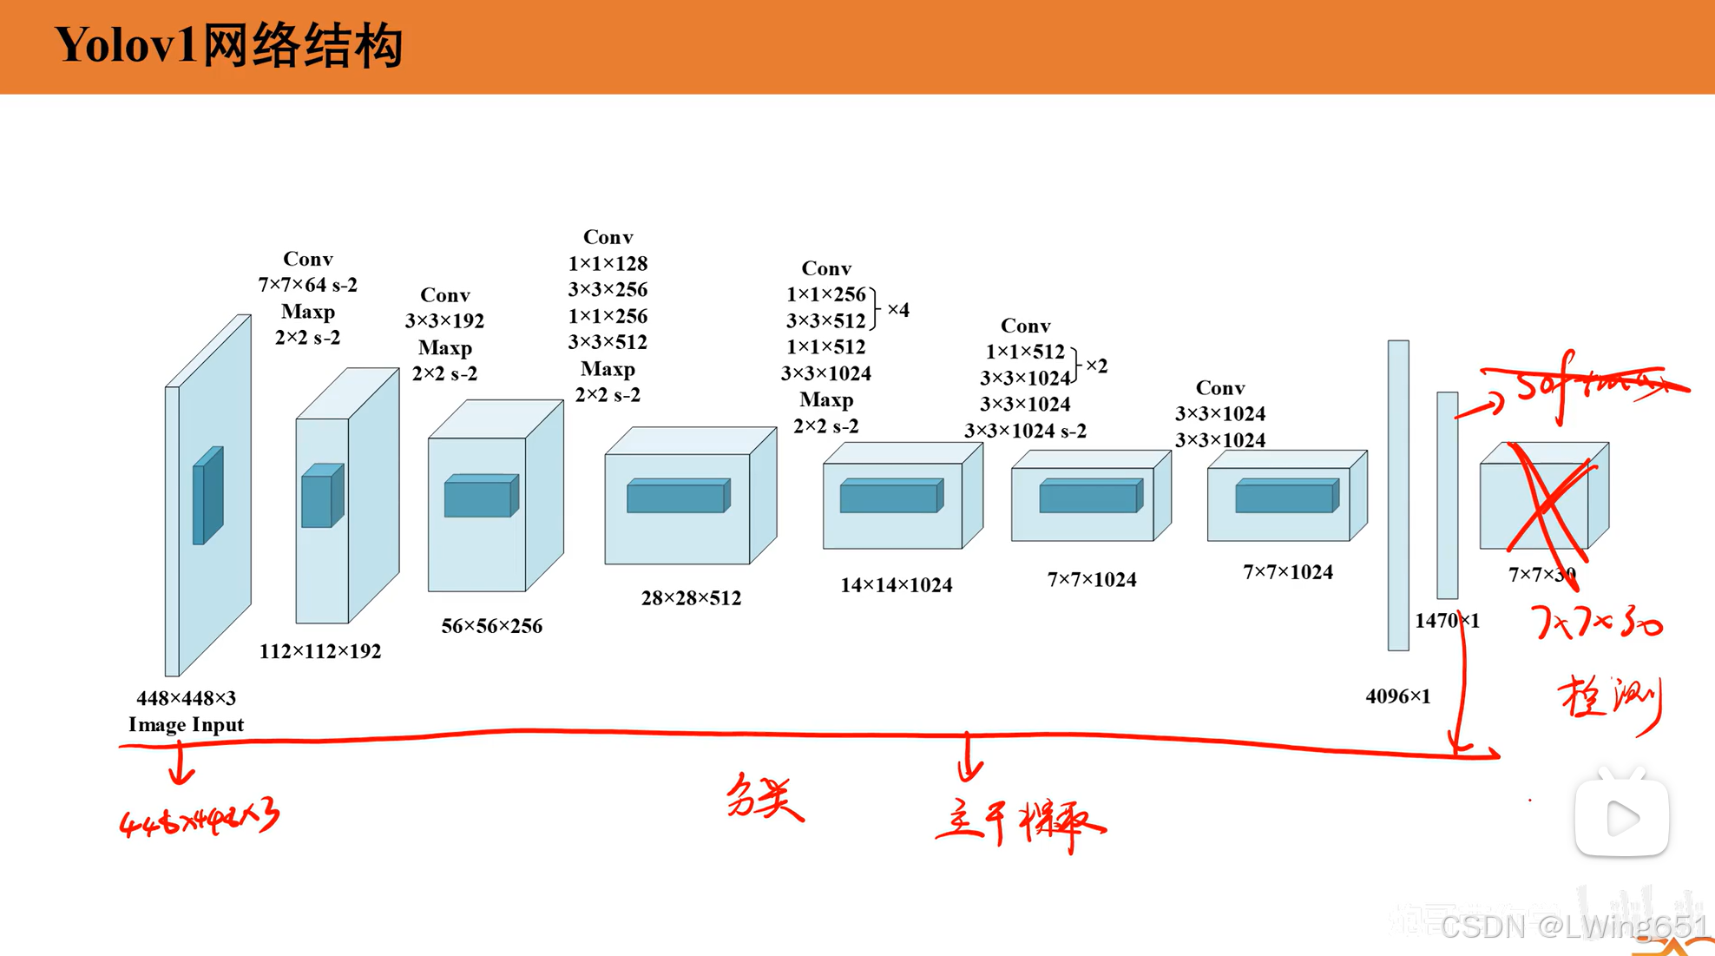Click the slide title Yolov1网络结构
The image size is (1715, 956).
coord(229,45)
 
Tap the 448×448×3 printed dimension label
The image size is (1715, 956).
coord(186,698)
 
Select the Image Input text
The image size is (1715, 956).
coord(186,725)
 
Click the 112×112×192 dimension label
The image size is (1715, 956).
coord(319,651)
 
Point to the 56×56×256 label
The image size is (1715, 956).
coord(491,626)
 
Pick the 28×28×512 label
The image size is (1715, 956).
coord(691,598)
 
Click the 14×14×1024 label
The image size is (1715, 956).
coord(896,585)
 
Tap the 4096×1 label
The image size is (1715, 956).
coord(1397,696)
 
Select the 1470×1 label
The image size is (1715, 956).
coord(1446,621)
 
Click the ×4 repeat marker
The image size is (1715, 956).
coord(898,310)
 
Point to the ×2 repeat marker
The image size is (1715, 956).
coord(1096,366)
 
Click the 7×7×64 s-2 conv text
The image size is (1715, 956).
coord(307,285)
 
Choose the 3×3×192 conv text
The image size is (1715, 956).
coord(444,321)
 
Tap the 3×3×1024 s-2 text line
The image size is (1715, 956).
coord(1025,431)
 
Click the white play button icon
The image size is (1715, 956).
coord(1621,817)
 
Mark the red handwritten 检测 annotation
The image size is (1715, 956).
coord(1610,700)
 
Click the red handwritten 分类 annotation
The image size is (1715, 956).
coord(763,796)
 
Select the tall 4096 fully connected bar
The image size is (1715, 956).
coord(1397,495)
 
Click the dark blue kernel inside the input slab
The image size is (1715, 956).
coord(207,496)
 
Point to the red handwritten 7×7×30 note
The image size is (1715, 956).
coord(1595,623)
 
